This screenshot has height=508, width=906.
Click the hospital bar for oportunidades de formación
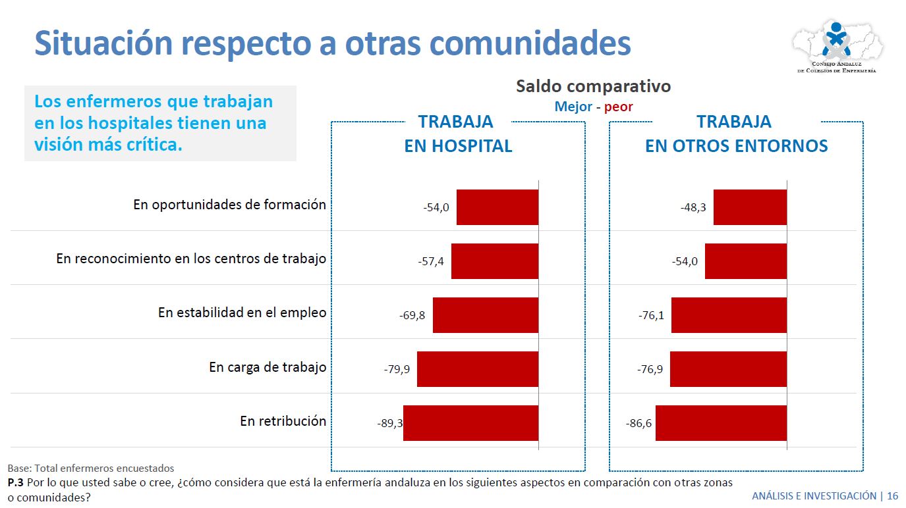click(497, 207)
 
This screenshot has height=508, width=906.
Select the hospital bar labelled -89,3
click(470, 423)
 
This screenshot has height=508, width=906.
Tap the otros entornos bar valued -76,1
click(729, 315)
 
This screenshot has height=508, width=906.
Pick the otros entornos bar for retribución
click(721, 423)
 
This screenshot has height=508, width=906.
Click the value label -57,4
click(431, 261)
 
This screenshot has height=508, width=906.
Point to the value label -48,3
click(693, 207)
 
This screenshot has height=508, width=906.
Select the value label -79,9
click(397, 369)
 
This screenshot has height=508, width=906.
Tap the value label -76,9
click(650, 369)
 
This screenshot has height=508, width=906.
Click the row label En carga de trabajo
click(268, 367)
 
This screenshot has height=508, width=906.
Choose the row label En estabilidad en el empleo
click(242, 313)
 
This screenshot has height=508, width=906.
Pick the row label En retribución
click(283, 421)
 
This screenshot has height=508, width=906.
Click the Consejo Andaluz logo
click(837, 46)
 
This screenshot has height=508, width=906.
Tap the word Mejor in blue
click(573, 107)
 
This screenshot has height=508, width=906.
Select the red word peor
click(618, 107)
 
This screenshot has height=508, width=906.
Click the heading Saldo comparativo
click(593, 86)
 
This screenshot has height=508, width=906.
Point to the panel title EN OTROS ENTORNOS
click(736, 146)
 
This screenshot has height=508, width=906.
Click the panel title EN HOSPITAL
click(458, 146)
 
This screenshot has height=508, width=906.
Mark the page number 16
click(892, 495)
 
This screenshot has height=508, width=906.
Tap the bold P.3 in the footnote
click(16, 482)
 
